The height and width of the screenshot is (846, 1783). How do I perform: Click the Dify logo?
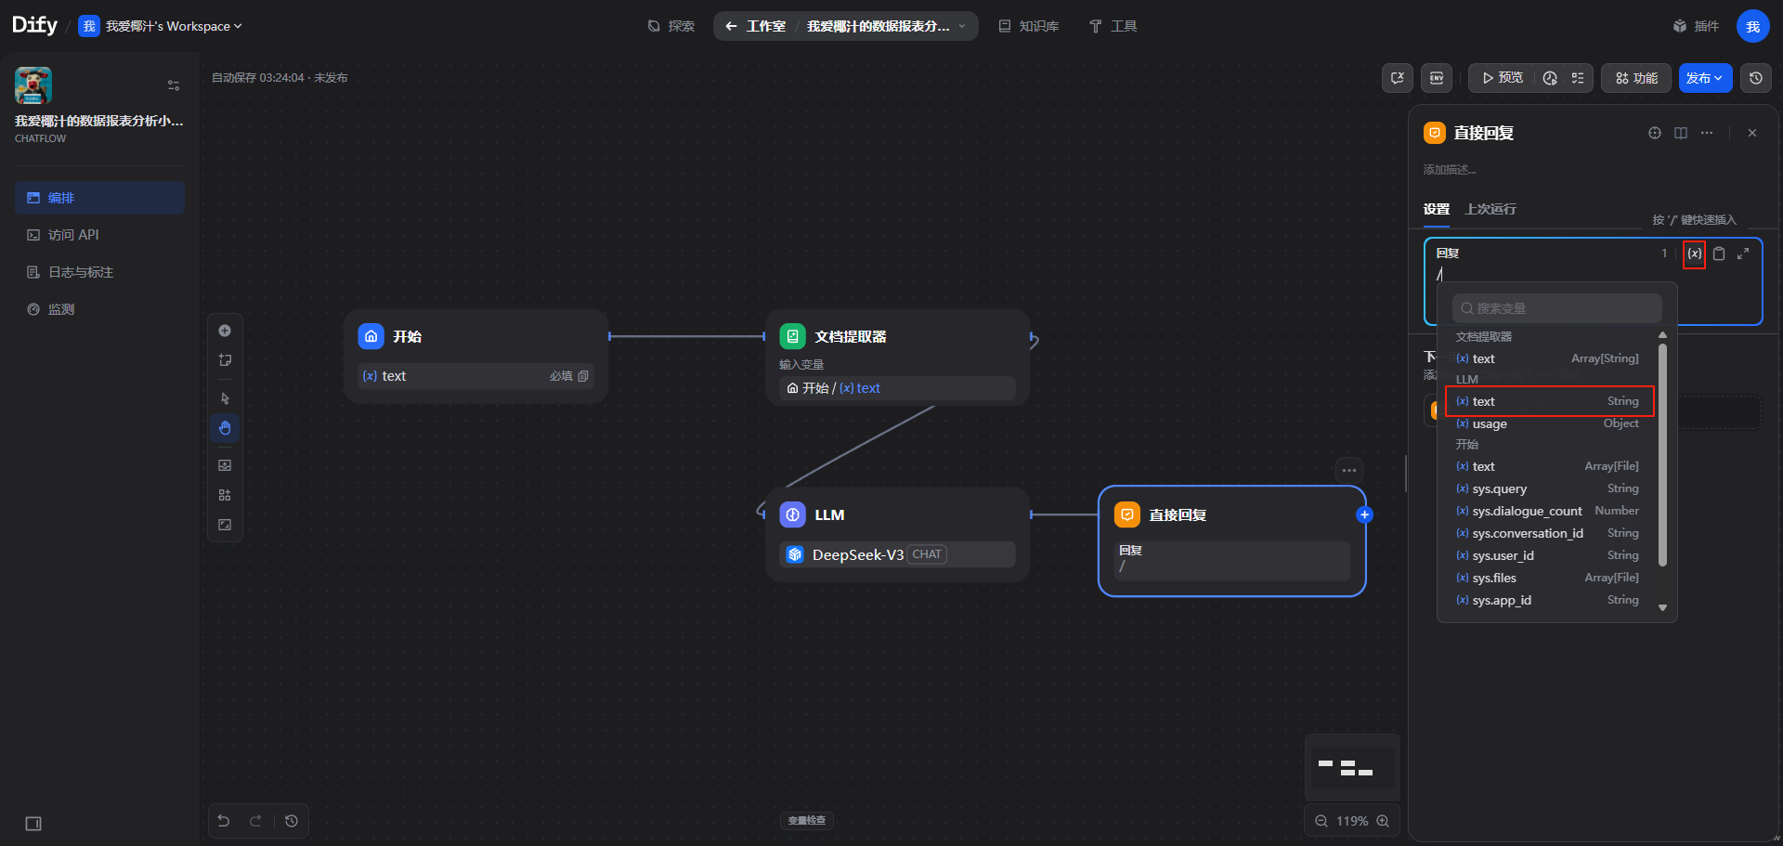(34, 25)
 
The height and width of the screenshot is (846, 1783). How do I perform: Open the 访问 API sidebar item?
(72, 235)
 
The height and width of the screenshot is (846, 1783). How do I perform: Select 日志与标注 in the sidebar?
(80, 272)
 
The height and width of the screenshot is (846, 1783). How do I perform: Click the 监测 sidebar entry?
(60, 309)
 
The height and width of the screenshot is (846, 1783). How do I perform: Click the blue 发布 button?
(1705, 78)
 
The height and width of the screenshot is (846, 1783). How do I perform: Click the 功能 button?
(1636, 78)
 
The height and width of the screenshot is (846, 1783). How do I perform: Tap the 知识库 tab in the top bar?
(1029, 26)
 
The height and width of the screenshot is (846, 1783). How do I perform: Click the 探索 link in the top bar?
(671, 26)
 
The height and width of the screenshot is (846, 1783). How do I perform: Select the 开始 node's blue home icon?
(371, 336)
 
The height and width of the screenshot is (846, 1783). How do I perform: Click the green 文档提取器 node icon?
(792, 336)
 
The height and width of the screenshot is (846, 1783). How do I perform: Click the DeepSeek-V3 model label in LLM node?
(858, 554)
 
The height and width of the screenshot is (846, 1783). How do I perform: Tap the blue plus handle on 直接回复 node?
(1364, 514)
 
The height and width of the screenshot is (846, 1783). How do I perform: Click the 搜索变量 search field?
(1557, 308)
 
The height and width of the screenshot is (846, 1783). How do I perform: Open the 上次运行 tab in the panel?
(1490, 209)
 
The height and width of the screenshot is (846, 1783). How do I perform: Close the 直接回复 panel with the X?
(1752, 133)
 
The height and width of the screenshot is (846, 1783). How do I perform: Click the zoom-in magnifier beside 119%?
(1383, 821)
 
